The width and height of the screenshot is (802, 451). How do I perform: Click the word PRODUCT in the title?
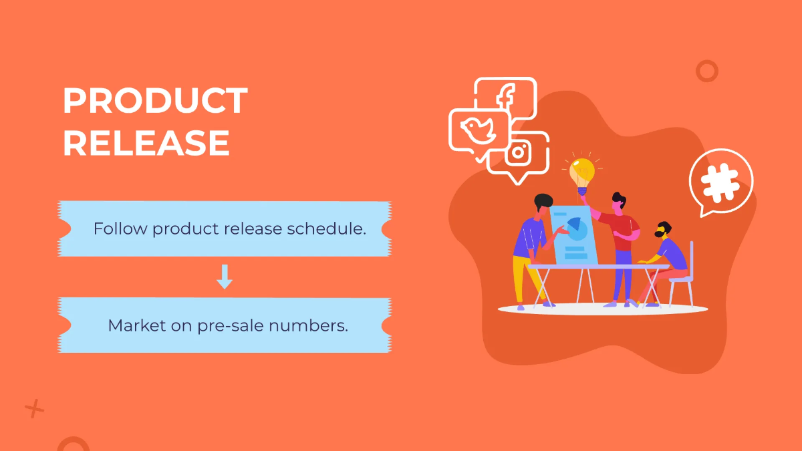tap(155, 102)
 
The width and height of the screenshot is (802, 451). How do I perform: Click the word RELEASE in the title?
tap(146, 143)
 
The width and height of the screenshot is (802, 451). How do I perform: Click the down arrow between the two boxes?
tap(225, 277)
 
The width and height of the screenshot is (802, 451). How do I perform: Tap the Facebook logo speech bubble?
tap(505, 97)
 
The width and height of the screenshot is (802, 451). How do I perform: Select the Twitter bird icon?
tap(479, 131)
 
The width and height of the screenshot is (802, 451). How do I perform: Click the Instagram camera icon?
tap(518, 152)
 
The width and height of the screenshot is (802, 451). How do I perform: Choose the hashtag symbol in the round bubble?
tap(720, 181)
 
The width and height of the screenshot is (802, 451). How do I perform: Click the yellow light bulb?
tap(581, 172)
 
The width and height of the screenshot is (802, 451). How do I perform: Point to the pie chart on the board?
tap(575, 229)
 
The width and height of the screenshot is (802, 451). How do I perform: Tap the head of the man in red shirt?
tap(620, 201)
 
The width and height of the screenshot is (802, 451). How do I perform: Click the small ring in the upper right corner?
tap(706, 71)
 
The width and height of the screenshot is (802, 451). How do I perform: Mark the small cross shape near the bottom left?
tap(34, 408)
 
